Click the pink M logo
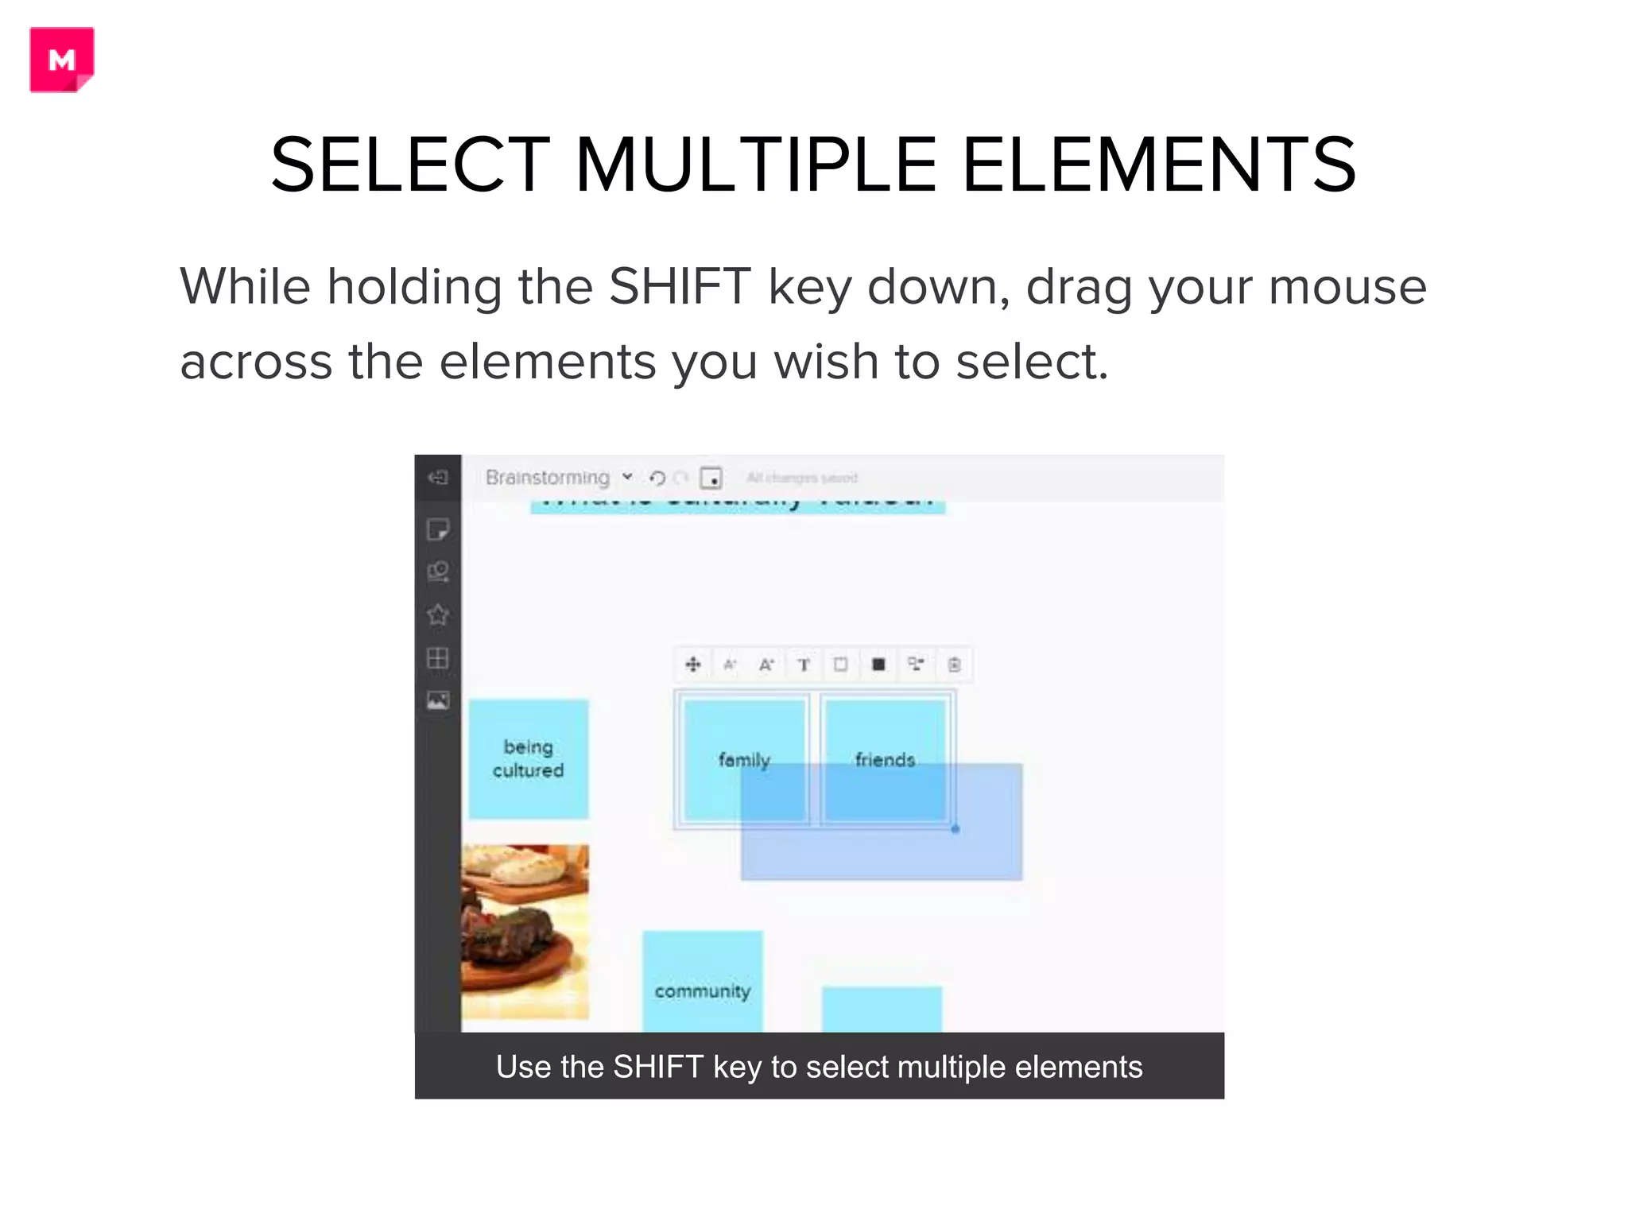(62, 60)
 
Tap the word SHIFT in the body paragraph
(680, 286)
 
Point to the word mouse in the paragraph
(1347, 286)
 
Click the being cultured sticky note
(528, 758)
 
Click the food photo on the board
(525, 931)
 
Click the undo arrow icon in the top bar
(657, 478)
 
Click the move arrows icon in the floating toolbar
(693, 665)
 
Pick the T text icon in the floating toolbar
(804, 665)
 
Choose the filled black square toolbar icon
(878, 665)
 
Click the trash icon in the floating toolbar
(954, 665)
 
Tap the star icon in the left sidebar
(438, 614)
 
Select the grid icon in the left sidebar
(438, 657)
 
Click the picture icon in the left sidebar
(438, 700)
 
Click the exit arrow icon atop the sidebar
(438, 477)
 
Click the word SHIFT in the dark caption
(657, 1067)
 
